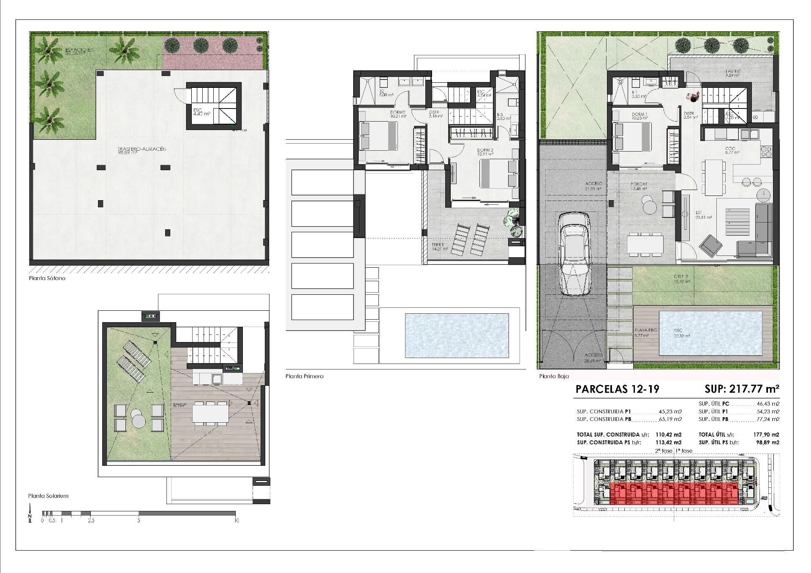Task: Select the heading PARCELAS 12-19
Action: [x=617, y=389]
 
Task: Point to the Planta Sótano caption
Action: [x=47, y=279]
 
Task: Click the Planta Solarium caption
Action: [x=48, y=496]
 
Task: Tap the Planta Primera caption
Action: [x=304, y=376]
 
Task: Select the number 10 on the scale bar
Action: [x=236, y=521]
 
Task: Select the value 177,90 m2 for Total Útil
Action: [x=766, y=435]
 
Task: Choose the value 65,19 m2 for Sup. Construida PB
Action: [x=670, y=419]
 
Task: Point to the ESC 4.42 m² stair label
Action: [x=201, y=112]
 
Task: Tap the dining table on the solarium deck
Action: [x=210, y=412]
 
